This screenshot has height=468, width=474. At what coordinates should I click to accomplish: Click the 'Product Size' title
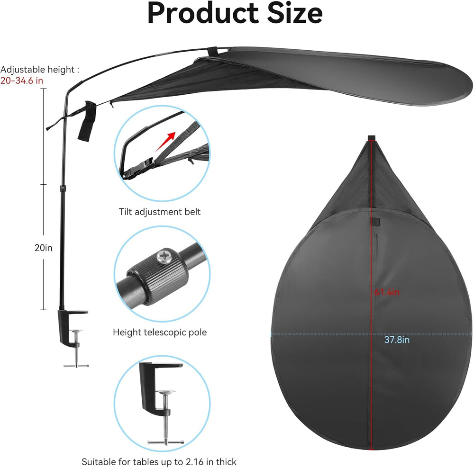click(235, 13)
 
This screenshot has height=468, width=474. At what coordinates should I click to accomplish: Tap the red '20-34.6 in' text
click(22, 81)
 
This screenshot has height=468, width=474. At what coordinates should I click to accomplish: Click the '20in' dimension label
click(43, 248)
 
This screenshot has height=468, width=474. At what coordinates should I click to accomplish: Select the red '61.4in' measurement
click(387, 292)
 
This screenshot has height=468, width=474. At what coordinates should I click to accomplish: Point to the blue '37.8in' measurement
click(397, 340)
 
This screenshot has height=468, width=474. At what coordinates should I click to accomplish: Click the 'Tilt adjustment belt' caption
click(160, 211)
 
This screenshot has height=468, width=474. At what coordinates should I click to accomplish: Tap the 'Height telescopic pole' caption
click(160, 332)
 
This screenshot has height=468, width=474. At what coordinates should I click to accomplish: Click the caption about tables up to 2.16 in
click(159, 462)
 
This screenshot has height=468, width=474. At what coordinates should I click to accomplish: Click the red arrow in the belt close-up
click(165, 142)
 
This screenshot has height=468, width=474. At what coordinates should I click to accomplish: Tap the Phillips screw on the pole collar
click(164, 256)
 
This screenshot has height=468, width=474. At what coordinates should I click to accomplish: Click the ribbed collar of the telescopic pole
click(158, 277)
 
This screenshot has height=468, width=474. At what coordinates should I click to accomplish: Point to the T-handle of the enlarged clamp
click(165, 442)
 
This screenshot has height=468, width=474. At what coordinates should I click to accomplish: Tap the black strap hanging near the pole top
click(87, 121)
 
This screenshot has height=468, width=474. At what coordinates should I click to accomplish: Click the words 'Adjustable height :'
click(40, 70)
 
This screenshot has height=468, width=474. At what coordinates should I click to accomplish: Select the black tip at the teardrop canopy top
click(372, 138)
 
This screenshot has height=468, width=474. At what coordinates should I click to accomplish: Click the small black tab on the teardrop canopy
click(375, 222)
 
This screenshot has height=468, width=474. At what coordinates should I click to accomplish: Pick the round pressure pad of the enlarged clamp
click(165, 392)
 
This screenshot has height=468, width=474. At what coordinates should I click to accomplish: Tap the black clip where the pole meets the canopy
click(212, 51)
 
